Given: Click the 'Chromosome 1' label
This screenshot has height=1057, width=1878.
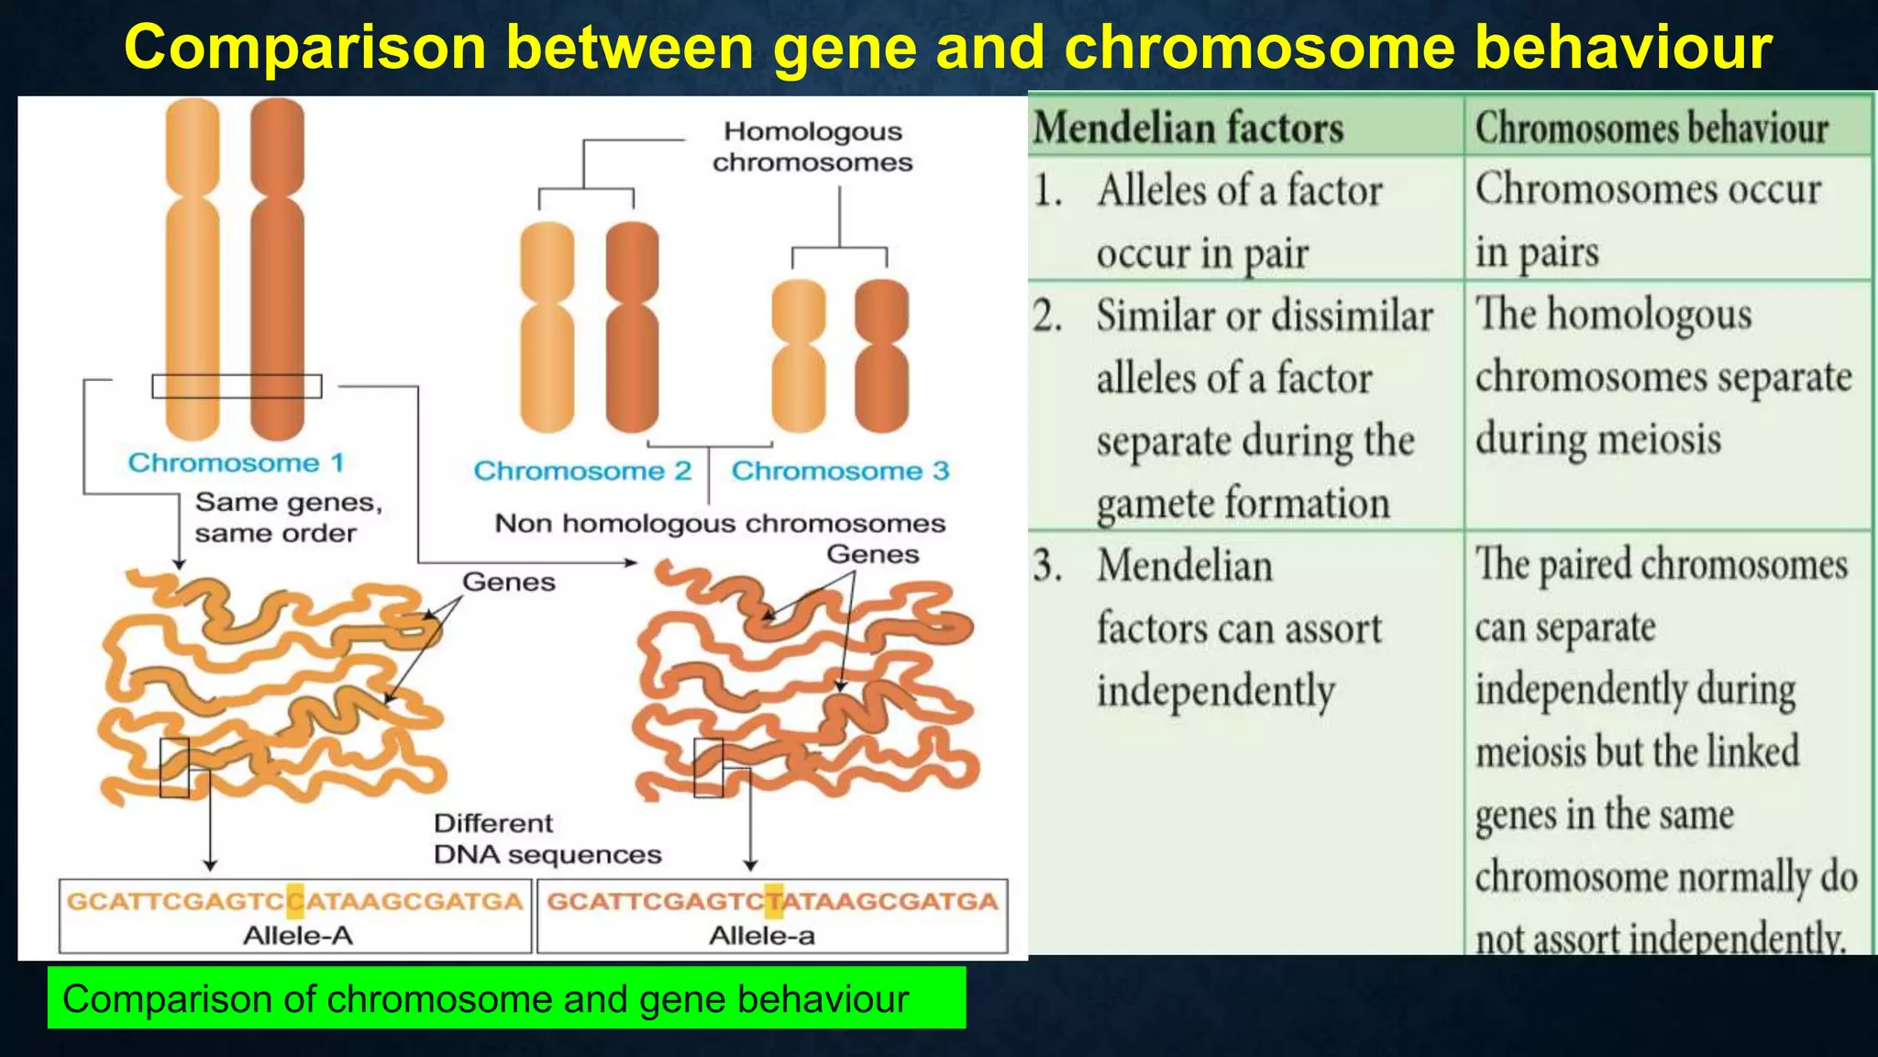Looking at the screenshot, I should (236, 462).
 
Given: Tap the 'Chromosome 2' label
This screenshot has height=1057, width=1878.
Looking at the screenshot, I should (582, 471).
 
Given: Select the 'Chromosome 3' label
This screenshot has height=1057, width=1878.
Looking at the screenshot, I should (840, 471).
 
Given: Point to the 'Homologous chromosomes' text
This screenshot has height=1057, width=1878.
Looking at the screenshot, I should (812, 147).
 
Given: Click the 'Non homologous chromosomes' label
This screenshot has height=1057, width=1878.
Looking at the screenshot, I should (720, 523).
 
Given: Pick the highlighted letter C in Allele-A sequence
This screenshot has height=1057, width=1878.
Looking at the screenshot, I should (295, 901).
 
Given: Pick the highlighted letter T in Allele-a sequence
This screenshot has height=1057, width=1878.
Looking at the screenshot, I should (774, 901).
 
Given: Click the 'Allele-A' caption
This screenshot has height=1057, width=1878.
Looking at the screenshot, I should (297, 936).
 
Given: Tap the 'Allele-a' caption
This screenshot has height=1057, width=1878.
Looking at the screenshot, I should (761, 936).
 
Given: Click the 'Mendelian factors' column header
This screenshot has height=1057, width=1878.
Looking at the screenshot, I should (1188, 128).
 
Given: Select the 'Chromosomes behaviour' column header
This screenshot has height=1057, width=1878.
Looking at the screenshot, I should (1652, 128).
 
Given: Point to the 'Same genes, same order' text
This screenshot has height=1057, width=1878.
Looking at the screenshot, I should (287, 517).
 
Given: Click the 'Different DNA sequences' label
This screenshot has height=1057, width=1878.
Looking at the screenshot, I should (547, 839).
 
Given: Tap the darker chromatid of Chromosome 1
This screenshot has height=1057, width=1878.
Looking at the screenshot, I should (277, 271).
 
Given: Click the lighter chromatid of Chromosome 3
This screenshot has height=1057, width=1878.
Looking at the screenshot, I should (799, 356).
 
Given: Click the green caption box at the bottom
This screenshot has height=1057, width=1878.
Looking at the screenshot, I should (506, 997).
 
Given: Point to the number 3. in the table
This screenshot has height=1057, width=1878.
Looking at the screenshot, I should (1048, 565).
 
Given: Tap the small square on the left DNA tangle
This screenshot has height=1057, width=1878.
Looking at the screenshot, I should (174, 767).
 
